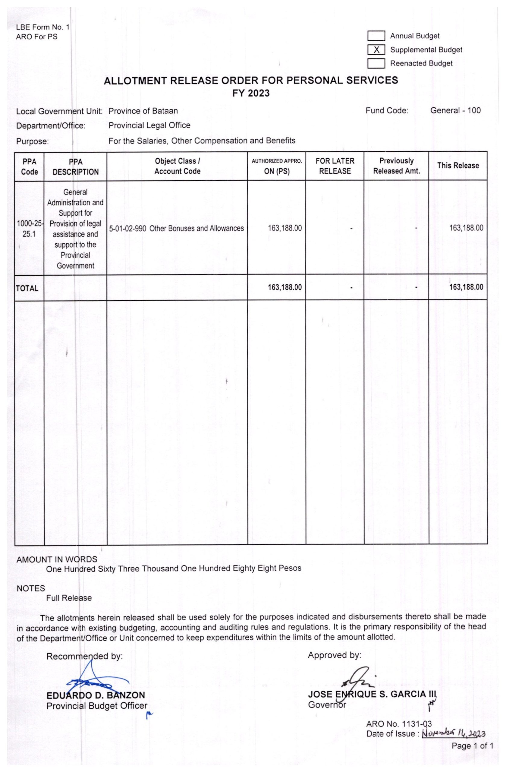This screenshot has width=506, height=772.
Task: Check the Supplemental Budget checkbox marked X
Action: click(x=376, y=50)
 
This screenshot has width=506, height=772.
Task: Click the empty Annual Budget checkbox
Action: click(x=376, y=36)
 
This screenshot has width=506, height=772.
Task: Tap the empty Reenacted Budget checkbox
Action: click(x=376, y=64)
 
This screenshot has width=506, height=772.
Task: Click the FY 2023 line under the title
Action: click(x=250, y=93)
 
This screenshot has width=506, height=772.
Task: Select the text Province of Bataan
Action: click(x=143, y=111)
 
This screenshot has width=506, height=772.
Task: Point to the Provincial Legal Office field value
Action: click(x=149, y=125)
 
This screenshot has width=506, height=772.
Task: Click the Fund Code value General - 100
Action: click(x=455, y=111)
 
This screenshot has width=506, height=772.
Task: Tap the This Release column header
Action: click(x=458, y=166)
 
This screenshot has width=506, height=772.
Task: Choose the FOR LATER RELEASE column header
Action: click(x=335, y=166)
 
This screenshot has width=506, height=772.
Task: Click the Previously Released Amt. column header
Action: click(x=396, y=166)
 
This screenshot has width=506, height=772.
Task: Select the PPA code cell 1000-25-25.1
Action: click(x=29, y=229)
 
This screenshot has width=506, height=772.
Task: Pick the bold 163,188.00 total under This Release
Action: click(x=466, y=287)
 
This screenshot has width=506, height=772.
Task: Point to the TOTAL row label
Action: click(x=27, y=288)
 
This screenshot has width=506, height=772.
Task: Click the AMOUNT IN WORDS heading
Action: click(x=57, y=559)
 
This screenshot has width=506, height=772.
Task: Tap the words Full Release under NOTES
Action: click(x=69, y=598)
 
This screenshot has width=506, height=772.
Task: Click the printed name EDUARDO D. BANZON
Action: click(x=96, y=695)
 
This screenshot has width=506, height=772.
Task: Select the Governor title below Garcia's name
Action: click(x=327, y=704)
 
